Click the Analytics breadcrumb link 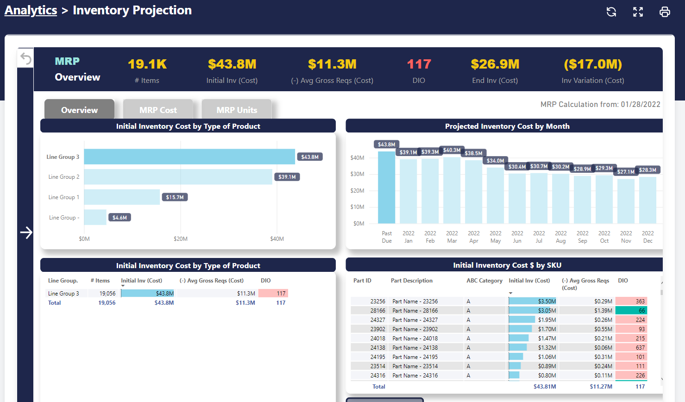click(x=31, y=10)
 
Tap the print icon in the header click(x=665, y=12)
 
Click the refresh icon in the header click(x=611, y=12)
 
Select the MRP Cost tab click(x=158, y=110)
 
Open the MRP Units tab click(x=237, y=110)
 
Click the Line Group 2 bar click(x=178, y=177)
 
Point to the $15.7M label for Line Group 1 click(x=175, y=197)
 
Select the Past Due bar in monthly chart click(x=386, y=188)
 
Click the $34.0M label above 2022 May click(x=495, y=161)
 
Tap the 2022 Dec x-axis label click(x=647, y=237)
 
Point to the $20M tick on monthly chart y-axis click(x=357, y=191)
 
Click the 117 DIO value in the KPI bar click(x=419, y=64)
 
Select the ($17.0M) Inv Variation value click(x=592, y=64)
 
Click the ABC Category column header click(x=484, y=281)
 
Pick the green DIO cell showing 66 click(x=631, y=311)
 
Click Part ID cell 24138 click(x=377, y=348)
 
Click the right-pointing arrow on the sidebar click(x=26, y=232)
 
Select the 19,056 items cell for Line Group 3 click(x=107, y=294)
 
